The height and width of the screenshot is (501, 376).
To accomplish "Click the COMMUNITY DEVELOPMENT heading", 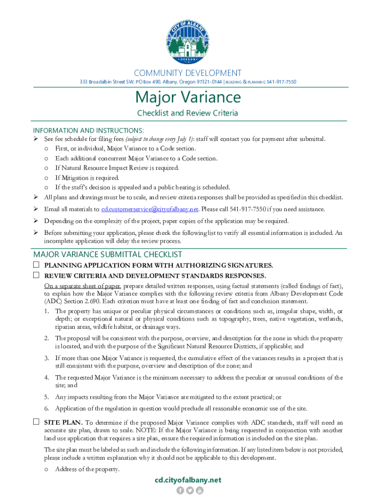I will click(x=188, y=73).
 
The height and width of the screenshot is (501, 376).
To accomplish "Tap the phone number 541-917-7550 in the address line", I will click(x=281, y=82).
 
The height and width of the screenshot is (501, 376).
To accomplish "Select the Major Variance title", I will click(x=188, y=97).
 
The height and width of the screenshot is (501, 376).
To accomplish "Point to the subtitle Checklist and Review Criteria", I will click(x=188, y=113).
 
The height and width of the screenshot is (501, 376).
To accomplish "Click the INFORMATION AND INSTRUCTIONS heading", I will click(x=88, y=130).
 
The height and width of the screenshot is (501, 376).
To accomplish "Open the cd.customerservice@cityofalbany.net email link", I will click(x=149, y=209).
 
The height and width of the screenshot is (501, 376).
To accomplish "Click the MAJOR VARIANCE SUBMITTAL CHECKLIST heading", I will click(x=107, y=254).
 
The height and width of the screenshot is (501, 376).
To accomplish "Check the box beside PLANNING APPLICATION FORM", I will click(x=36, y=265).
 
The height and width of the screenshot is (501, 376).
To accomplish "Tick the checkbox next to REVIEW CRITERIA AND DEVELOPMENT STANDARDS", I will click(x=36, y=275).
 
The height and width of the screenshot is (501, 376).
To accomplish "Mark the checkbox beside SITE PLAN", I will click(x=36, y=422).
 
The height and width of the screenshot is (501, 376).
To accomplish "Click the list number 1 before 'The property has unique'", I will click(x=46, y=311).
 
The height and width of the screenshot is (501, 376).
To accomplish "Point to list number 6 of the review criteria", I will click(x=46, y=409).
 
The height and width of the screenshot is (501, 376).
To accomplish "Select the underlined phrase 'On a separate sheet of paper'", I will click(x=82, y=286).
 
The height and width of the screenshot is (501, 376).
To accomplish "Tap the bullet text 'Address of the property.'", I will click(x=87, y=469).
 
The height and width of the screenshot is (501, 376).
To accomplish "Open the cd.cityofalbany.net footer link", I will click(x=188, y=480).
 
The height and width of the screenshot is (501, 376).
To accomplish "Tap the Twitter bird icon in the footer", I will click(x=189, y=491).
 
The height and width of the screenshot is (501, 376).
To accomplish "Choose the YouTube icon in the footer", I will click(x=199, y=491).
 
